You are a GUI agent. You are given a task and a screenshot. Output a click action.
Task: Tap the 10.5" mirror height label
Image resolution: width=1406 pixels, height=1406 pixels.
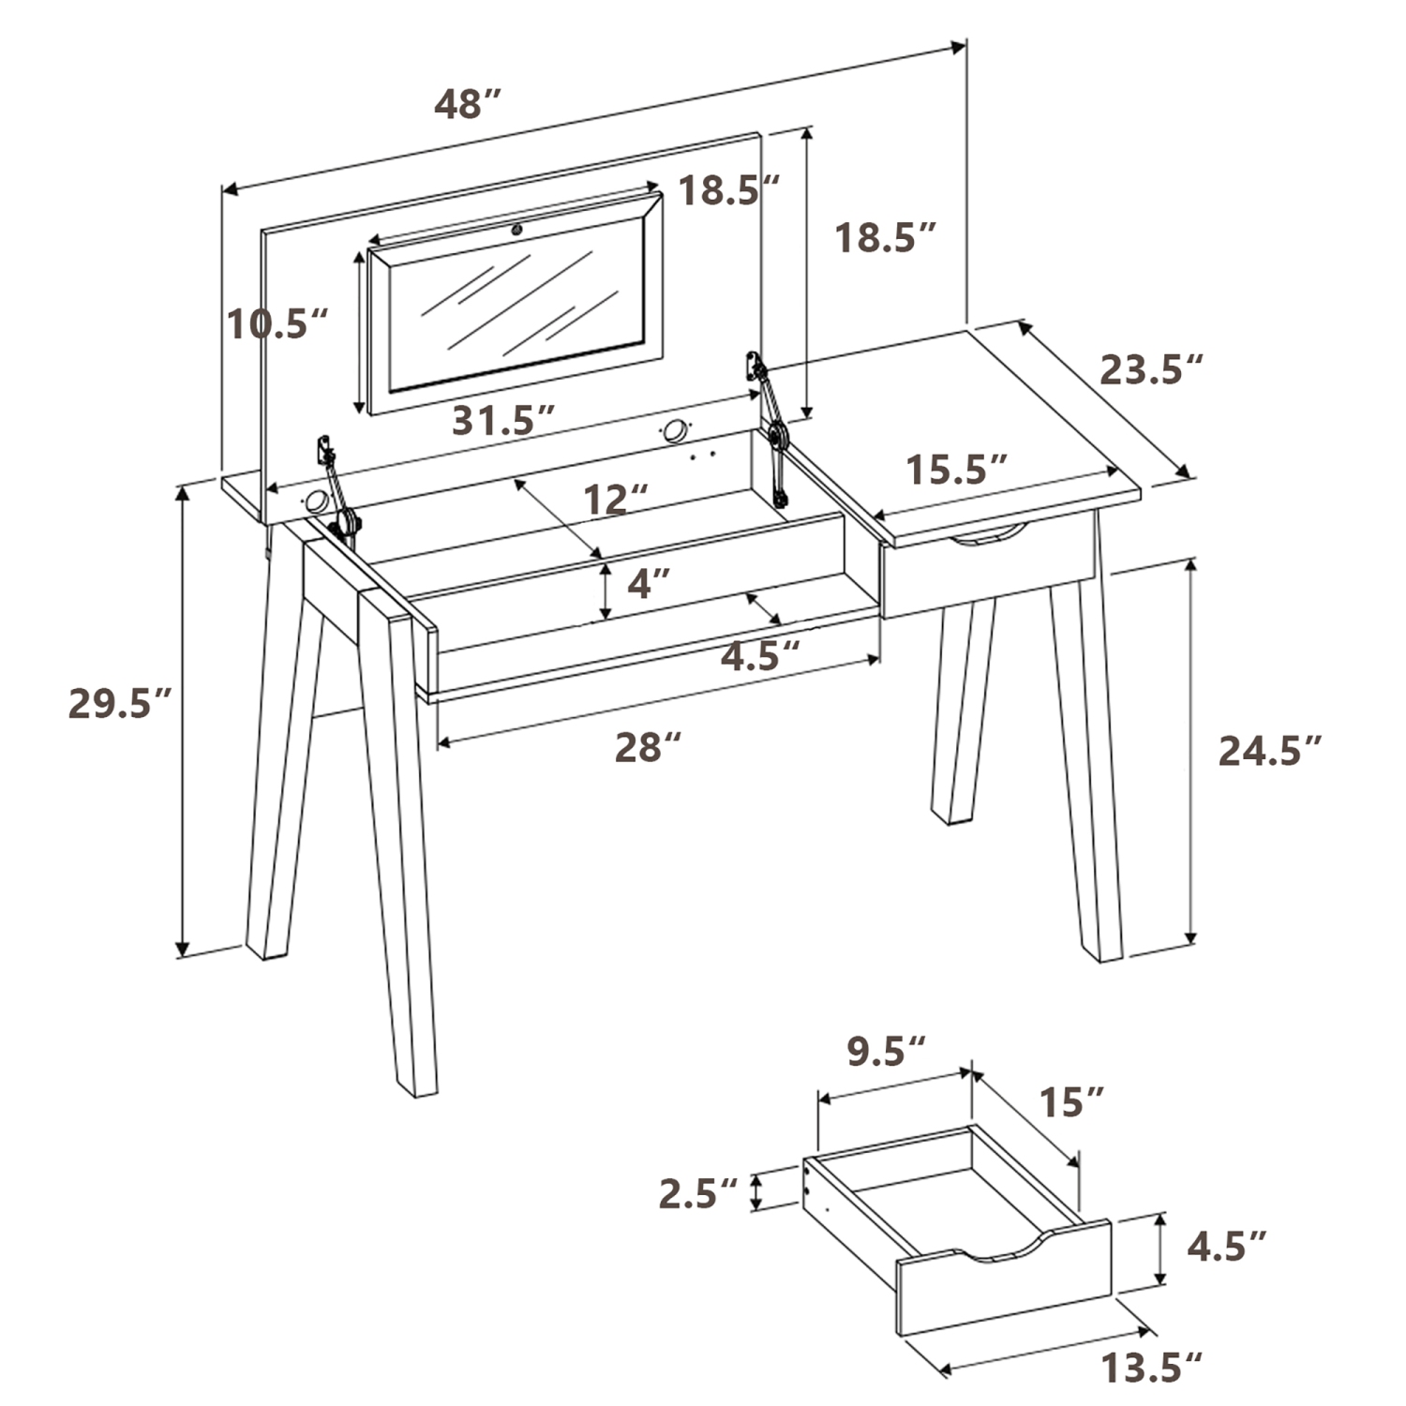tap(277, 324)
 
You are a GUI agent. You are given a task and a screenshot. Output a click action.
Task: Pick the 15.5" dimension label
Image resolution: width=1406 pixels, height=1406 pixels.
tap(957, 470)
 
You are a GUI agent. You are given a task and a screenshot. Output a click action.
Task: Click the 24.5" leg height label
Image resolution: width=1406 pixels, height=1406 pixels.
tap(1269, 751)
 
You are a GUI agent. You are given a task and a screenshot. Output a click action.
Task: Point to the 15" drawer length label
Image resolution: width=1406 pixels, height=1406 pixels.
tap(1070, 1103)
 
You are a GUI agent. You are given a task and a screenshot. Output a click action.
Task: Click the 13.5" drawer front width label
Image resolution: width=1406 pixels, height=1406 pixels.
tap(1151, 1369)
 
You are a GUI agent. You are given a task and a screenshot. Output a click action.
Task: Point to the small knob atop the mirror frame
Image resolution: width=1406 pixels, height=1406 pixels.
tap(516, 228)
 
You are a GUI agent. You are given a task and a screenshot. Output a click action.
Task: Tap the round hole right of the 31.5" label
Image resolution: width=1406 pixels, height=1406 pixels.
tap(673, 432)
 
